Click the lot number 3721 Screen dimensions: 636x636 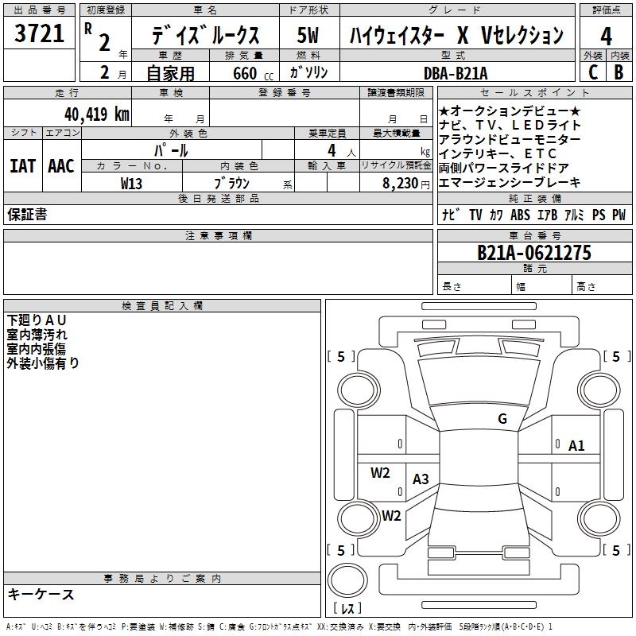(x=40, y=34)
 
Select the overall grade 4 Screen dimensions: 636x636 (x=606, y=36)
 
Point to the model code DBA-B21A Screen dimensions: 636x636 (x=456, y=73)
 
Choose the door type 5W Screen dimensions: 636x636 (x=308, y=36)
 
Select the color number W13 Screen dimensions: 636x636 (x=131, y=183)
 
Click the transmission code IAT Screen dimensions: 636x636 (x=21, y=166)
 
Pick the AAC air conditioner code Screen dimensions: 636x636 (x=61, y=166)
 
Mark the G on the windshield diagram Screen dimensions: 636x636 (x=502, y=419)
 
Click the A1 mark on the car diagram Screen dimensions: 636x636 (x=576, y=446)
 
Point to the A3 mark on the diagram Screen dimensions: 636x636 (x=421, y=479)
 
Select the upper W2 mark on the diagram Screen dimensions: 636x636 (x=381, y=473)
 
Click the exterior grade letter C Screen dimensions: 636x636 (x=592, y=73)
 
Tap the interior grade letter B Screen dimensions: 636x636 (x=619, y=73)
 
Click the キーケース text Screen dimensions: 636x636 (x=41, y=594)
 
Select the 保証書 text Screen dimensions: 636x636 (x=27, y=215)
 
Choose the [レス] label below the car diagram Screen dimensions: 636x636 (x=347, y=608)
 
